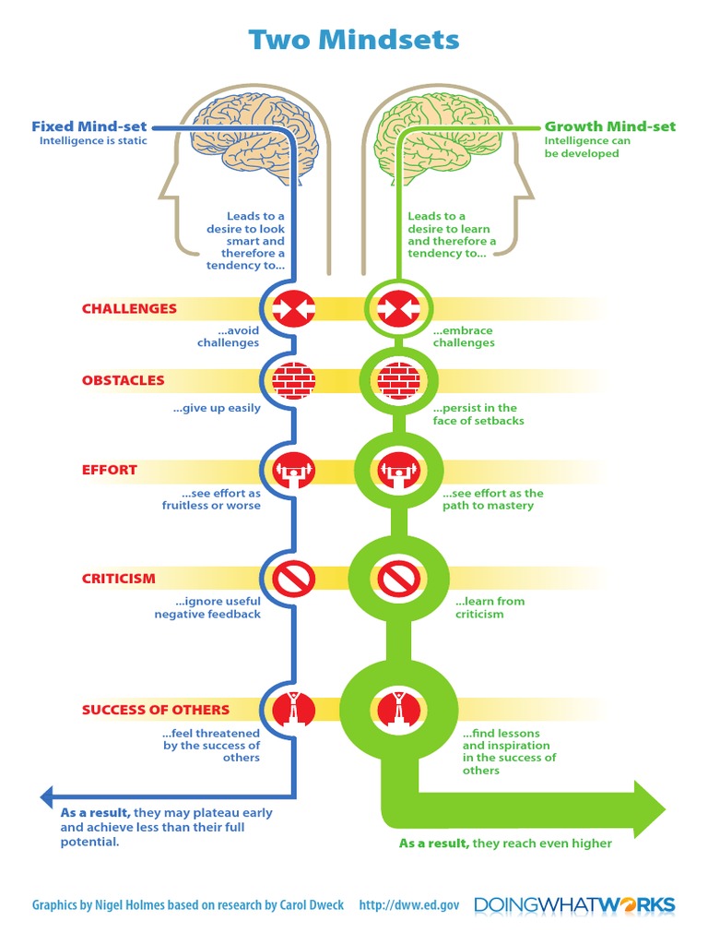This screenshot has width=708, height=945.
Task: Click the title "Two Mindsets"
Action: (354, 40)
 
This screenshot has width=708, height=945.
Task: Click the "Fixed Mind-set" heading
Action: (89, 126)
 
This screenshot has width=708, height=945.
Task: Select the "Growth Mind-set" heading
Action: (609, 126)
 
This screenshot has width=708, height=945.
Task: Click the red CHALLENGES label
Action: (129, 308)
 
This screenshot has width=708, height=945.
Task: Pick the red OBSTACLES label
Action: (123, 380)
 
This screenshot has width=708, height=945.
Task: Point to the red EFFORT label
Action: (109, 470)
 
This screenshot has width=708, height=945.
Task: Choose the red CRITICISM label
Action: (118, 579)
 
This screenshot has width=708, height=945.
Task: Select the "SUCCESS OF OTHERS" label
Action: (155, 710)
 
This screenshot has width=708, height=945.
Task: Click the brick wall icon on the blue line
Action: (294, 379)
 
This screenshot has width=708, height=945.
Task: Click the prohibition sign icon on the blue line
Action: (294, 579)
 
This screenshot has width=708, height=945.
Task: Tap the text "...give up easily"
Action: (217, 408)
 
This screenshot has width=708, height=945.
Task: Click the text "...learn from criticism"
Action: (490, 607)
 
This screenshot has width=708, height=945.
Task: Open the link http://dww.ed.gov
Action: (408, 905)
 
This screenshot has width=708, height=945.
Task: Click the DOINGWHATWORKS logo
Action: (574, 905)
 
